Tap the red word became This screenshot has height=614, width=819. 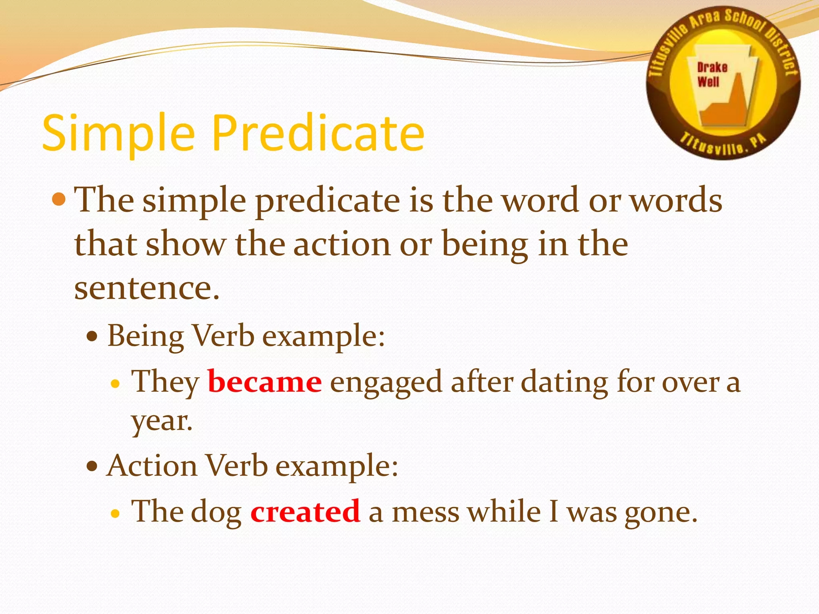(x=264, y=382)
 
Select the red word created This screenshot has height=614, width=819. (x=305, y=511)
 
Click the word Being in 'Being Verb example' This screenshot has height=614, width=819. (x=145, y=336)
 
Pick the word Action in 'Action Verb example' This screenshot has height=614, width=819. (x=152, y=466)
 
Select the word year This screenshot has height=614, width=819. (x=162, y=422)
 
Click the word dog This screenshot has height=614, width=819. (x=216, y=512)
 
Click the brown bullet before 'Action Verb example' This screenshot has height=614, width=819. (x=92, y=466)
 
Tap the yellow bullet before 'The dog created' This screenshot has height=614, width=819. (x=115, y=513)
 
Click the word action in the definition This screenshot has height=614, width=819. (x=342, y=244)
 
